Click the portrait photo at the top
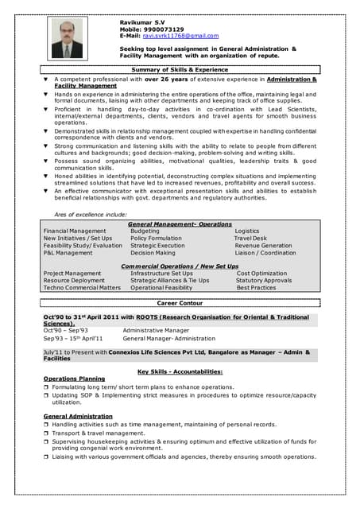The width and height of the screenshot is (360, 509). click(67, 38)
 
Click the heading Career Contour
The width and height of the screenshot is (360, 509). click(180, 304)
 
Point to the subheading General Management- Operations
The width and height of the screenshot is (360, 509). click(180, 224)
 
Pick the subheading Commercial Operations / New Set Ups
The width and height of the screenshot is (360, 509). click(180, 266)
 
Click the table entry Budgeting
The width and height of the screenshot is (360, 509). click(145, 231)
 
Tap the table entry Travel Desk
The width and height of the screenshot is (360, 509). click(250, 239)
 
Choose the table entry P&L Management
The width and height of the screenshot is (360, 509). click(68, 253)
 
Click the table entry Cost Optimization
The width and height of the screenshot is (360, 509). click(262, 273)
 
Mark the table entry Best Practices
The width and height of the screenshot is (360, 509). click(257, 287)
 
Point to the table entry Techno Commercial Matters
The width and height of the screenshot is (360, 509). click(82, 287)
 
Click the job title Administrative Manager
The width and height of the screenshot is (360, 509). click(156, 330)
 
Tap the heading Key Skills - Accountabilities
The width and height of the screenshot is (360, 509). click(180, 371)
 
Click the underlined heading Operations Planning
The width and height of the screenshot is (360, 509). click(74, 379)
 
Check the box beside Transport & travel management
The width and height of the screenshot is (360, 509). click(46, 433)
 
